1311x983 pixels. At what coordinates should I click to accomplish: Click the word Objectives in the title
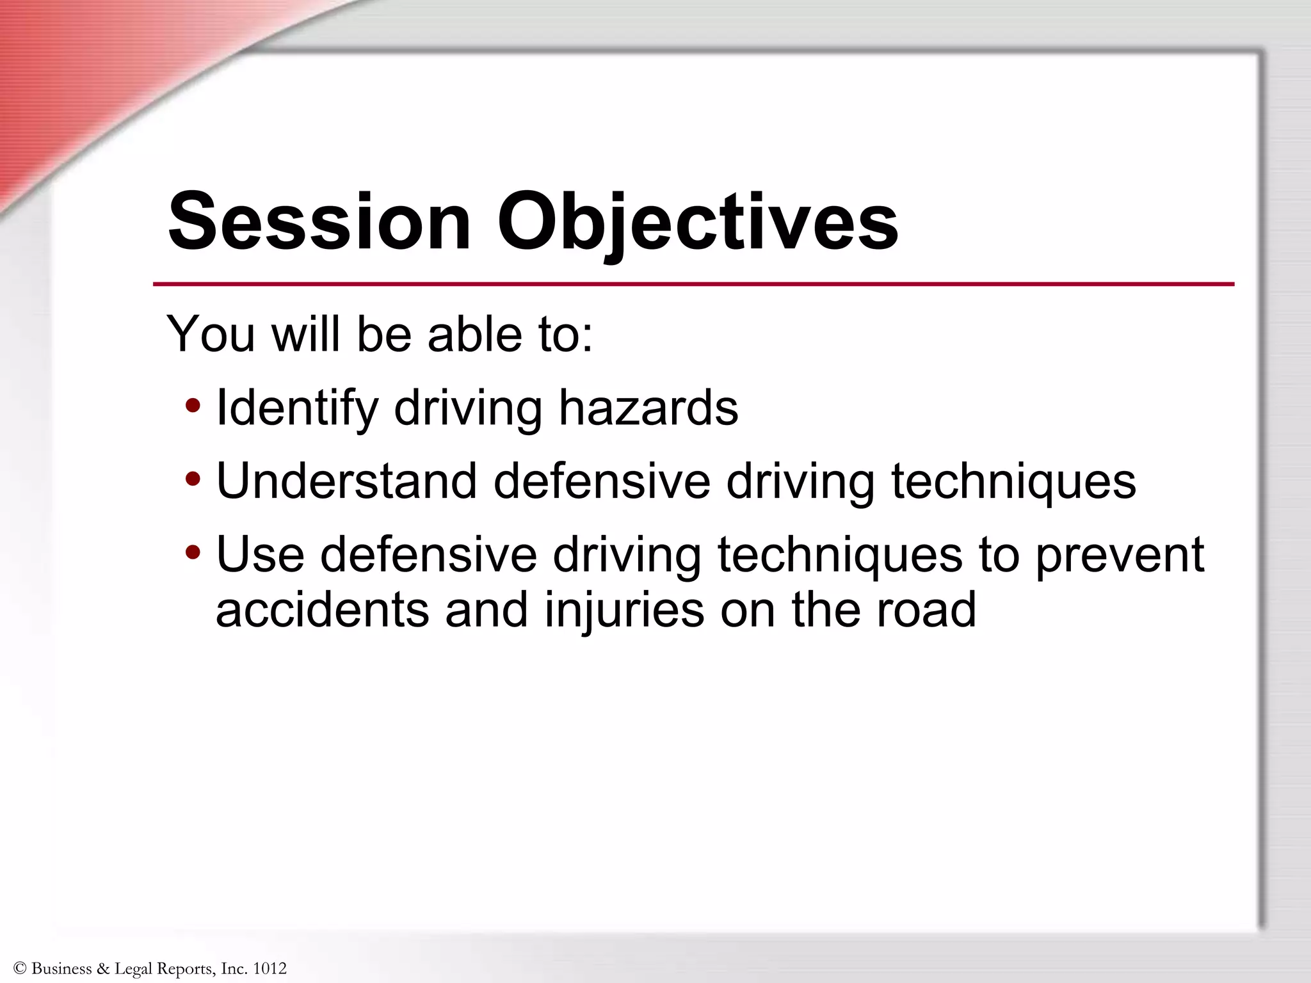698,221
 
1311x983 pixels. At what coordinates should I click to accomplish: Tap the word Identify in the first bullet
297,408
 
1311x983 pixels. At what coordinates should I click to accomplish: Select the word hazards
648,408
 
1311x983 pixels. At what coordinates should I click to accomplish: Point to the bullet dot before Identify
193,405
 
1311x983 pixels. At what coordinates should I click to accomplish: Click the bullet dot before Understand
193,478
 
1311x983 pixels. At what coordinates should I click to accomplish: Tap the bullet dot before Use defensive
193,552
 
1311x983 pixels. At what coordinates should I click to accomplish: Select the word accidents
322,609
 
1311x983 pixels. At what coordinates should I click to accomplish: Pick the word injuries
624,609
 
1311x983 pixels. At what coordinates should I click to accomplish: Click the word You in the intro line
211,334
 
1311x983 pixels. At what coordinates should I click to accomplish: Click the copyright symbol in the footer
19,969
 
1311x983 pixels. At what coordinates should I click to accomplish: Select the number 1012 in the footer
269,969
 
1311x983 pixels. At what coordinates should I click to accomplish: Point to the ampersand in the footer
102,969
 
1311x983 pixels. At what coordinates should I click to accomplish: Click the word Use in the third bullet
260,554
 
